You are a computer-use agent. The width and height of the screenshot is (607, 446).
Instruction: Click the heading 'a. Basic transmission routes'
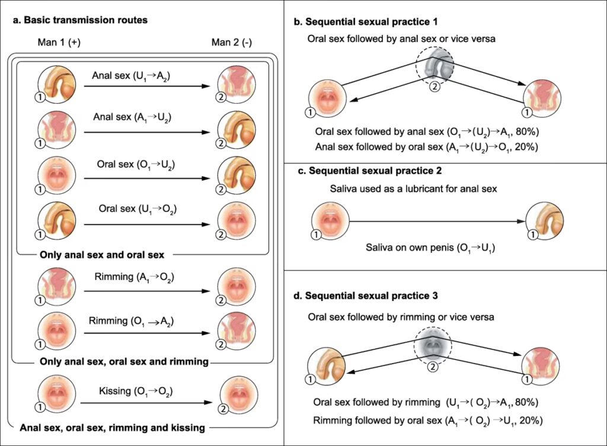pyautogui.click(x=80, y=20)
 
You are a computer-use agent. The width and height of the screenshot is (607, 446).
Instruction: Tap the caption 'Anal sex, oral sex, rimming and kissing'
pyautogui.click(x=113, y=427)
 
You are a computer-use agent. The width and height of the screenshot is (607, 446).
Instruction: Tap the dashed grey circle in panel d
pyautogui.click(x=432, y=345)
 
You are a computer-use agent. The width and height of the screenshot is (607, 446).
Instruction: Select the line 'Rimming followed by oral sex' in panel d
pyautogui.click(x=426, y=420)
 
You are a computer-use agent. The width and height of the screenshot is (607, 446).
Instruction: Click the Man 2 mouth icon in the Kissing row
pyautogui.click(x=237, y=395)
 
